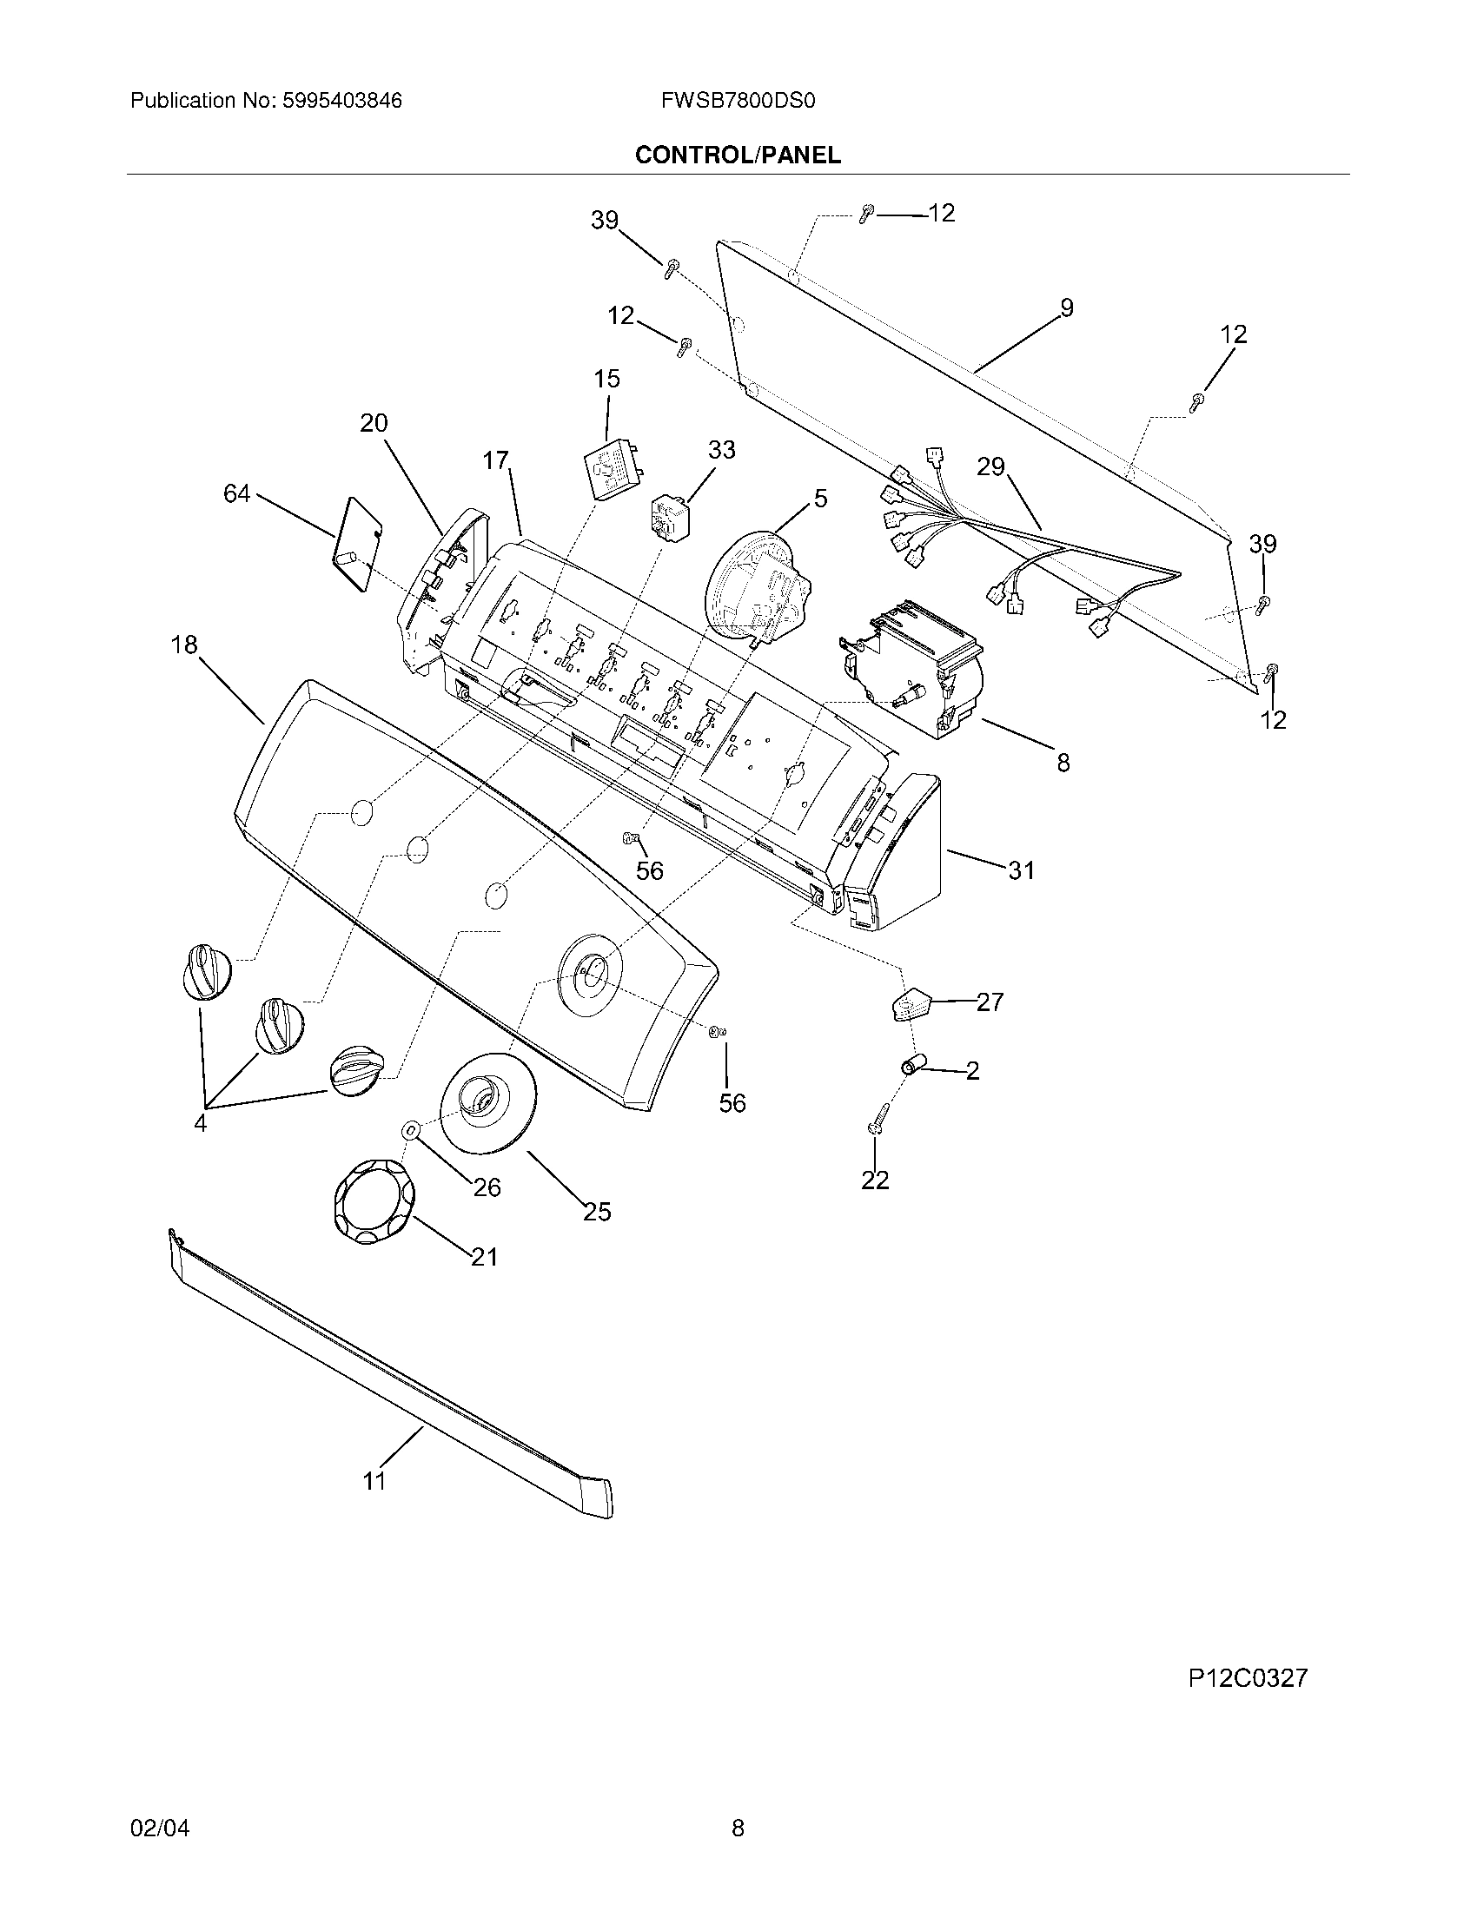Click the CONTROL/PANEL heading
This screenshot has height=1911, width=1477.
[x=738, y=155]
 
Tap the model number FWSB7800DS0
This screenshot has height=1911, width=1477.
[x=738, y=101]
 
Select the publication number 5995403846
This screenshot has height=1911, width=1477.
[x=341, y=101]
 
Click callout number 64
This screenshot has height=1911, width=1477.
[x=236, y=494]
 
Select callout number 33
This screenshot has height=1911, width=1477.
[x=721, y=450]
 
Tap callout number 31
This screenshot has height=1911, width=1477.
[x=1021, y=870]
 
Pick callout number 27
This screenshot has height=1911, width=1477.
[x=990, y=1002]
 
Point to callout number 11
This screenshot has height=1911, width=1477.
[x=374, y=1480]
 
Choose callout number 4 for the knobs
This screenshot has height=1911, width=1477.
[x=201, y=1123]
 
